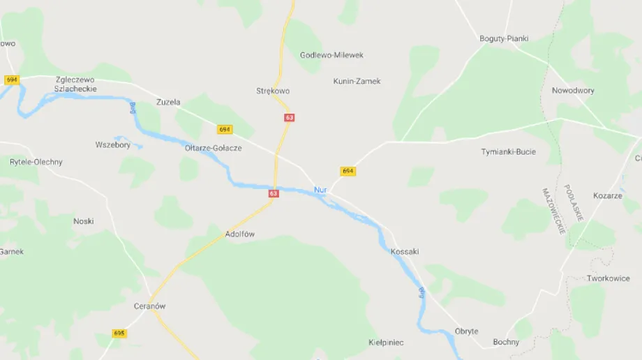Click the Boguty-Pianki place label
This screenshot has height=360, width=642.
[x=504, y=38]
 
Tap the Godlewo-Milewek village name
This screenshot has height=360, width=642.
[x=331, y=55]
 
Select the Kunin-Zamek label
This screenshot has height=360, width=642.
[x=357, y=81]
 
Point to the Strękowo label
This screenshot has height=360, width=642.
[x=273, y=91]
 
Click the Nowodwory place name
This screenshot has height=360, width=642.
[x=573, y=91]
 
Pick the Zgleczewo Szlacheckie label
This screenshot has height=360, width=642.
[x=75, y=84]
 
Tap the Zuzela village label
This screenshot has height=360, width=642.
[x=168, y=102]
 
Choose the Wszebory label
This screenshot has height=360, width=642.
[x=113, y=145]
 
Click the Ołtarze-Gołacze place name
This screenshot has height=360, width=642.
[x=214, y=148]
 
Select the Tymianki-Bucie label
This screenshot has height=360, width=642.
[x=508, y=151]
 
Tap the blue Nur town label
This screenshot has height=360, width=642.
[x=320, y=190]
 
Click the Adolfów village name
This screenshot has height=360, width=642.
[x=240, y=234]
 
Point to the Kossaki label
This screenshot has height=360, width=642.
[x=405, y=251]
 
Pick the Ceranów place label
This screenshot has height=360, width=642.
[x=150, y=306]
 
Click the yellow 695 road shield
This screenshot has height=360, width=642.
[x=119, y=333]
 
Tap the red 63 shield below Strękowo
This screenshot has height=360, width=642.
[x=289, y=118]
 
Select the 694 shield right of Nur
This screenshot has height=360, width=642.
[x=348, y=171]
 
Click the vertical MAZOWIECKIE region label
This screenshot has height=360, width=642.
[x=553, y=211]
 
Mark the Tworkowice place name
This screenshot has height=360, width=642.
[x=608, y=278]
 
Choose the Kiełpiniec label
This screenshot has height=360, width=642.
[x=386, y=343]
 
